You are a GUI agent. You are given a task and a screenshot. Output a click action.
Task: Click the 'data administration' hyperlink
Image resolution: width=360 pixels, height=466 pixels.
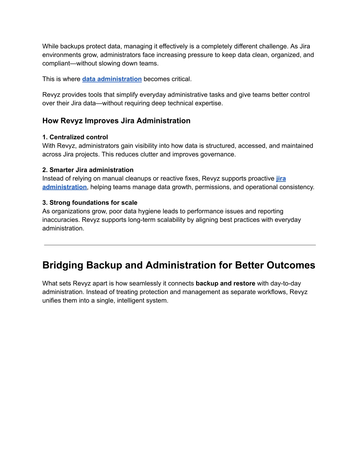(112, 79)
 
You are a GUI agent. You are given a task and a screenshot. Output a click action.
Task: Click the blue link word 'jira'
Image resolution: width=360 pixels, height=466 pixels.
(281, 179)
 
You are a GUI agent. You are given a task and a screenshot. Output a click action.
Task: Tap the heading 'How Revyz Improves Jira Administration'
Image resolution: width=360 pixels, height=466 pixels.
(116, 121)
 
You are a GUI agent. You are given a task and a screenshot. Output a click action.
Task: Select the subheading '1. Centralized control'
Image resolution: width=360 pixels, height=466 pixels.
(75, 137)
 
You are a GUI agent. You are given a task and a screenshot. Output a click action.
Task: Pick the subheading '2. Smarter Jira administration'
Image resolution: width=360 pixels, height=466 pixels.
(88, 170)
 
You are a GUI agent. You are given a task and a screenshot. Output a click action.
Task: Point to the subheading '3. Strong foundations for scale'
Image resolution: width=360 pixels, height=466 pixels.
(90, 203)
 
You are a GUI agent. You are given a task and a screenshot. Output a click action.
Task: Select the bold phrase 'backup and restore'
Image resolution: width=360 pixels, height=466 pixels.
(225, 283)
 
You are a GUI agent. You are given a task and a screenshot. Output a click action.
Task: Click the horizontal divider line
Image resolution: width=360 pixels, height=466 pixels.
(180, 245)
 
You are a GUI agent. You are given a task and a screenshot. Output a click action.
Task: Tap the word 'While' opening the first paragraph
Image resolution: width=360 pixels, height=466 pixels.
(50, 46)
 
